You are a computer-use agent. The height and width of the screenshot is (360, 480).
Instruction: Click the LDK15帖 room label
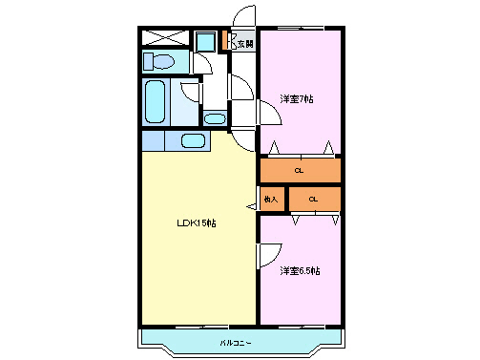(196, 223)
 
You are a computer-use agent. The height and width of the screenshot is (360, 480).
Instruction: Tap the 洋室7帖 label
(298, 98)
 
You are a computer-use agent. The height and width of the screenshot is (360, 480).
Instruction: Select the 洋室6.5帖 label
(300, 271)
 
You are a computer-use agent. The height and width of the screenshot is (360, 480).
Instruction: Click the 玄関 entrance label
(245, 43)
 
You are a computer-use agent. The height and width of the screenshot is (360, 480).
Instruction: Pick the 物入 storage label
(271, 200)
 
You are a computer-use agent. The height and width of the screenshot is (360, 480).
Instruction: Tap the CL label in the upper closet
(299, 171)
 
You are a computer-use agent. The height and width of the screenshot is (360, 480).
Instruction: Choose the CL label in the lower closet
(312, 200)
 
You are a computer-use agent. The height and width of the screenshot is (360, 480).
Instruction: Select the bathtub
(154, 100)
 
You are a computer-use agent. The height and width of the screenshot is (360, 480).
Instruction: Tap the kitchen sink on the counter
(194, 141)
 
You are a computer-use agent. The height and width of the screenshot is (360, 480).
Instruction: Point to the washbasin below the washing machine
(215, 118)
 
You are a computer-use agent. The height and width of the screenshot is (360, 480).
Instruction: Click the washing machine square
(205, 41)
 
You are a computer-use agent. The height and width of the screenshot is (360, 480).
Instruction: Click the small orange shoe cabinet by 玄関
(225, 41)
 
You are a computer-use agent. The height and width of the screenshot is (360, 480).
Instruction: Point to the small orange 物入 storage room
(272, 200)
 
